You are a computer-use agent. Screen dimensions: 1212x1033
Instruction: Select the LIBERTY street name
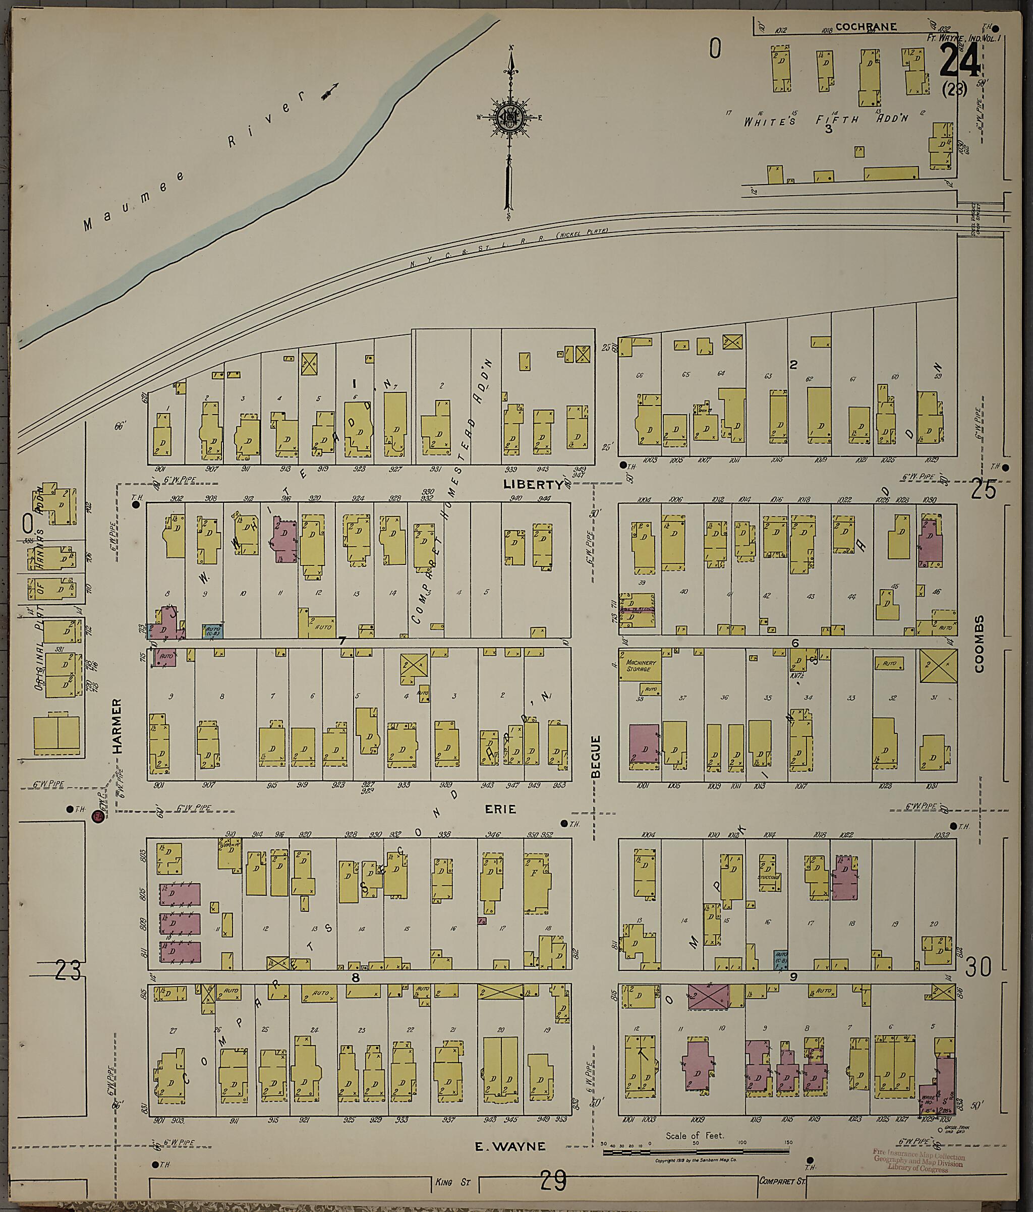(x=534, y=484)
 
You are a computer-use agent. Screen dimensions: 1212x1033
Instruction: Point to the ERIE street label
(x=500, y=809)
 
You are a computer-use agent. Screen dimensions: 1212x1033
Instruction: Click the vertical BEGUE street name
(x=596, y=757)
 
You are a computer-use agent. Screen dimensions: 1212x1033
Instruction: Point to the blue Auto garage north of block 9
(x=780, y=960)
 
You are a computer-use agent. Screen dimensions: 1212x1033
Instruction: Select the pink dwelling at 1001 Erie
(x=644, y=743)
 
